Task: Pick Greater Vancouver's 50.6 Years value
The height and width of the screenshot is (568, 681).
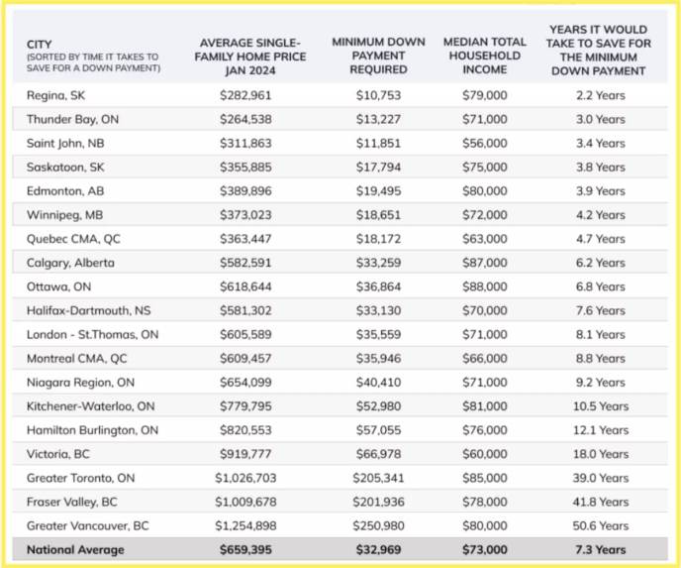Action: [x=600, y=525]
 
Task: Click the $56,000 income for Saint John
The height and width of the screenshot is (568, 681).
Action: [x=484, y=143]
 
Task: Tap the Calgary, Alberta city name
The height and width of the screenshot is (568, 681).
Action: [x=70, y=263]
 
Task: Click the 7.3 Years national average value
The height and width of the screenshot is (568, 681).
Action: [x=600, y=550]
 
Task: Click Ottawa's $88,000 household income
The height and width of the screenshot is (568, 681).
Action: [x=484, y=286]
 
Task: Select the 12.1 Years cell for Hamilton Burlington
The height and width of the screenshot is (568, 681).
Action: [x=600, y=430]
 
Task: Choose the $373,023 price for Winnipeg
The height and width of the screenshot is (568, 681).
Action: [x=245, y=215]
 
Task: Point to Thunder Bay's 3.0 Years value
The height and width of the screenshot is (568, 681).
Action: [x=600, y=119]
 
